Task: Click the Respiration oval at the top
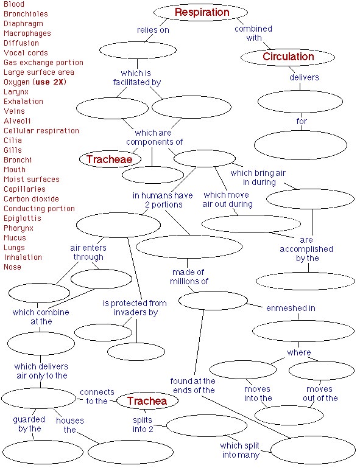tap(201, 12)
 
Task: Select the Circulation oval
tap(288, 57)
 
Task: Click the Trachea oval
tap(147, 401)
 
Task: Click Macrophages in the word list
tap(27, 33)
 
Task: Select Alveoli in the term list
tap(17, 121)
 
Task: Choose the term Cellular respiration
tap(41, 131)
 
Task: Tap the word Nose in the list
tap(12, 267)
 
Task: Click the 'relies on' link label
tap(152, 29)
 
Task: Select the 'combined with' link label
tap(253, 33)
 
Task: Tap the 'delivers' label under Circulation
tap(303, 77)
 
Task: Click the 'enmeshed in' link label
tap(291, 308)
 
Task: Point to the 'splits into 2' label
tap(143, 425)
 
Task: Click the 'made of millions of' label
tap(189, 276)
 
